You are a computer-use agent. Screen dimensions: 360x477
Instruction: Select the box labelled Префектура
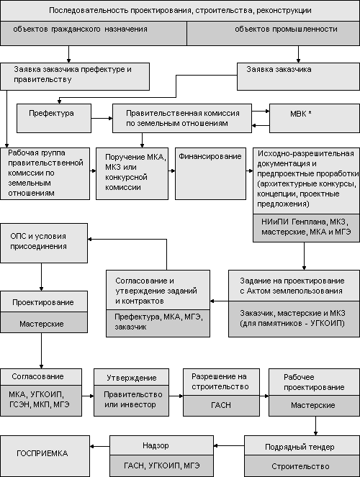tap(54, 118)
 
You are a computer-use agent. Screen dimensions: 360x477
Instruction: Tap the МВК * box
tap(315, 118)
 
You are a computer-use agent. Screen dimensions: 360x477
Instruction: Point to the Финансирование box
tap(210, 173)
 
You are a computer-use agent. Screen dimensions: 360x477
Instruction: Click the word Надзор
tap(156, 445)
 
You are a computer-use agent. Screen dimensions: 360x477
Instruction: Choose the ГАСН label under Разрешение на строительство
tap(221, 405)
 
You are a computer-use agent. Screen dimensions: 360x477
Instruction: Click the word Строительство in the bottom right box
tap(300, 466)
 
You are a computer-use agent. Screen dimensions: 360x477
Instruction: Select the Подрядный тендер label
tap(300, 447)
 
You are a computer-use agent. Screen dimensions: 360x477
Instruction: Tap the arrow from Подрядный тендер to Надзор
tap(229, 446)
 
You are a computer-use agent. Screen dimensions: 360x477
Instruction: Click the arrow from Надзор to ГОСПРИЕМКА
tap(100, 447)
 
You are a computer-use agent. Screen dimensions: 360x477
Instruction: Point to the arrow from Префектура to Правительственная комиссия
tap(102, 118)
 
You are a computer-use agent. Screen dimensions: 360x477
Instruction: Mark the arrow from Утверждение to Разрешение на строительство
tap(176, 396)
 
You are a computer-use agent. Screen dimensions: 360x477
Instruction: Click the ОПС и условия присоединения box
tap(44, 243)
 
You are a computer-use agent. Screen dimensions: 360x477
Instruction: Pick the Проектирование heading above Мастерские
tap(43, 302)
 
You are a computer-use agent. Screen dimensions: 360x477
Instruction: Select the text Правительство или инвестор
tap(132, 399)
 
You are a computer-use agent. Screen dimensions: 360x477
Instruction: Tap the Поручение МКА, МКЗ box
tap(132, 173)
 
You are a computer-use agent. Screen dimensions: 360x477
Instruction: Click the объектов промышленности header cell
tap(274, 34)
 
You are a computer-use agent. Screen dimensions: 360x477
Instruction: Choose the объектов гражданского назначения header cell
tap(94, 34)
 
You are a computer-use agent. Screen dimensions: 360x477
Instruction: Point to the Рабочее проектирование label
tap(314, 382)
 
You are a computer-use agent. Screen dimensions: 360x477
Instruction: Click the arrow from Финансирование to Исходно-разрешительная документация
tap(250, 171)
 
